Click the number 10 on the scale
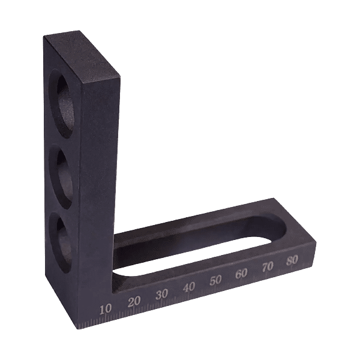[x=106, y=309]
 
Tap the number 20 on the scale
[x=134, y=301]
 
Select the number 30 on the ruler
[x=161, y=294]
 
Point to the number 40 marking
[x=189, y=287]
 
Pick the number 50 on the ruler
[x=215, y=280]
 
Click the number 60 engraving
[x=242, y=273]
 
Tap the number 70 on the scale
[x=268, y=266]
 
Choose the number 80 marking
[x=292, y=260]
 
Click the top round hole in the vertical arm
[x=62, y=104]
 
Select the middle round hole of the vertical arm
[x=62, y=176]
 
